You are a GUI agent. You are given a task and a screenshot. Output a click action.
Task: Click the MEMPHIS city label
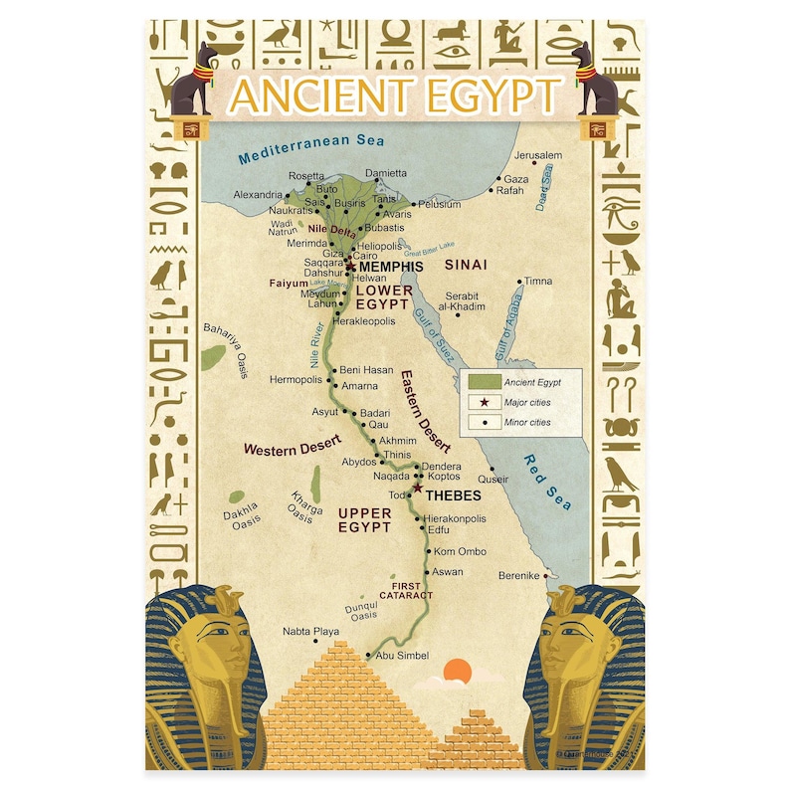point(391,268)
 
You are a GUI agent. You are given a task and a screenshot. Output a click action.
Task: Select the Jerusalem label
point(538,156)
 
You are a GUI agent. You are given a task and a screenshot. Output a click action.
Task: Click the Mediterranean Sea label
point(310,148)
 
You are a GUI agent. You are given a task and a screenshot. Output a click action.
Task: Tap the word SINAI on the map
point(465,266)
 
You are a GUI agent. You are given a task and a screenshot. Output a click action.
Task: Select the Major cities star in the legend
point(484,402)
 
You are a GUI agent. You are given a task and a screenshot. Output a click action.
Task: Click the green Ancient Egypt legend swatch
point(484,382)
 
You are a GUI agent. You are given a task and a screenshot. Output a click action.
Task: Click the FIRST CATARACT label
point(406,590)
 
